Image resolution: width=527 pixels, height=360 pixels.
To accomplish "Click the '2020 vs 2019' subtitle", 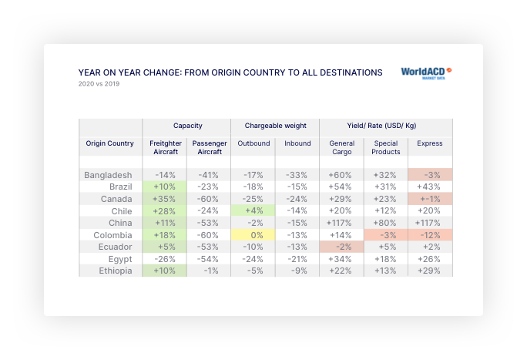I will click(99, 84).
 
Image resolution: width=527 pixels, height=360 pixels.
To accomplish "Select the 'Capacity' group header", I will click(187, 125).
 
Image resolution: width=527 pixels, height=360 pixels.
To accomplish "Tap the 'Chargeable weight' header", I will click(276, 125).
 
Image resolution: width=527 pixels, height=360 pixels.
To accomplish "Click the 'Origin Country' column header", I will click(109, 143).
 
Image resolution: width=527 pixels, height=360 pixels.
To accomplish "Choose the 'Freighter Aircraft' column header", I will click(164, 147).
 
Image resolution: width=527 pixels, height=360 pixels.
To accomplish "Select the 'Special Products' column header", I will click(386, 147).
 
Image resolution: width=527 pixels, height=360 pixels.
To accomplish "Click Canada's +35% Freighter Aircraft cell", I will click(165, 199).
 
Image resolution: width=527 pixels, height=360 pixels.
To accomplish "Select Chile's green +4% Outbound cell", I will click(253, 211).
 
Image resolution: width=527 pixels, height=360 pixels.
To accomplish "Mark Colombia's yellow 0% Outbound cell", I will click(253, 235).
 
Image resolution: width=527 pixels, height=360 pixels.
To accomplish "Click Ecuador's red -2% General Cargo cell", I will click(341, 247).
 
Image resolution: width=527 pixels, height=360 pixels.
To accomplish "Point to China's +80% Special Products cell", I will click(386, 224).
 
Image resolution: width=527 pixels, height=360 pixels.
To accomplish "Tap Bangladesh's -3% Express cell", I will click(430, 175).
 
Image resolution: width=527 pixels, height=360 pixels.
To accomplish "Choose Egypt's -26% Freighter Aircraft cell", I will click(165, 259).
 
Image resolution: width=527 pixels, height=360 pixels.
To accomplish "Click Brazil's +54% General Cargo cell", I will click(341, 187).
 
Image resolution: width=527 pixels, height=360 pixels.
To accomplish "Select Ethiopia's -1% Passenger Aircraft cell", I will click(209, 271).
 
